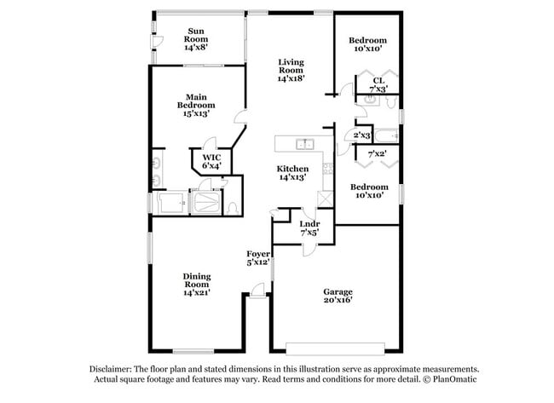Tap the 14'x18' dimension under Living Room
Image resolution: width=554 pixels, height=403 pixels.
(291, 78)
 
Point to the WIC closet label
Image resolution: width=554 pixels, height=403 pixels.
(211, 158)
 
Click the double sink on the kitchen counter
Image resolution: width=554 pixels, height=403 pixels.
(305, 144)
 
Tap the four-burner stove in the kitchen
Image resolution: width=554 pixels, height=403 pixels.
(328, 169)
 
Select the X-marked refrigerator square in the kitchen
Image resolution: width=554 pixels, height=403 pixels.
(325, 199)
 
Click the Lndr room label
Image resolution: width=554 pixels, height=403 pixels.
(309, 224)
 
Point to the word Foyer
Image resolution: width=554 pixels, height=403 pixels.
(258, 254)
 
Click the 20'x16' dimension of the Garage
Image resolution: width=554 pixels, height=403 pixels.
(338, 300)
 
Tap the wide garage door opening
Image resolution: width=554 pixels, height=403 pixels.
(335, 348)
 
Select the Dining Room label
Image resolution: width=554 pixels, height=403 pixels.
(197, 280)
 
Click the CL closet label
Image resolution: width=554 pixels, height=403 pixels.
(378, 81)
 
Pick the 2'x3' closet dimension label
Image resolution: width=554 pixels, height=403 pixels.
(362, 135)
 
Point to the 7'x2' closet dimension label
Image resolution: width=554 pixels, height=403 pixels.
(377, 154)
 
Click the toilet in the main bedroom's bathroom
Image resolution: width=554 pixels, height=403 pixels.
(233, 209)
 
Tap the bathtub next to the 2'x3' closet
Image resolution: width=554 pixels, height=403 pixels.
(386, 136)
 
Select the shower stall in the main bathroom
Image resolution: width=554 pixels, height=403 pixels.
(206, 203)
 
